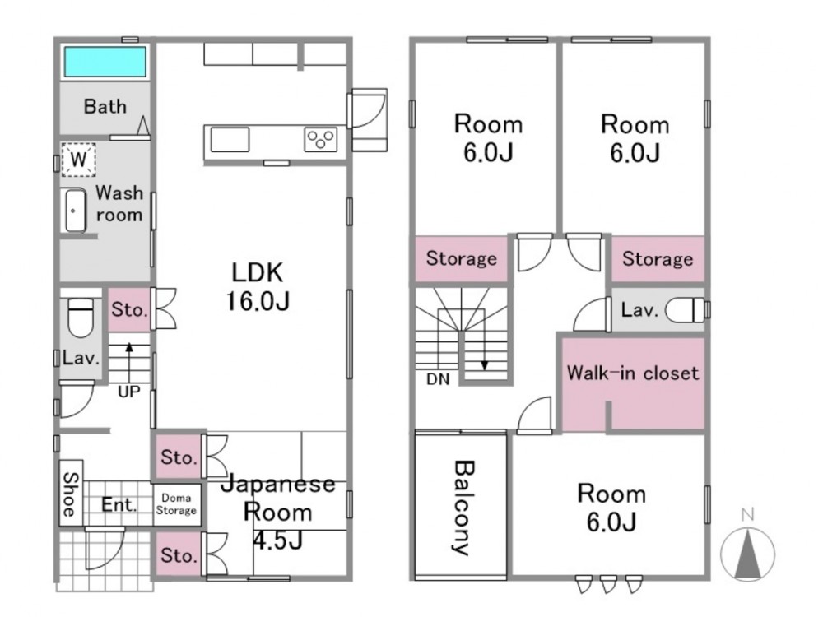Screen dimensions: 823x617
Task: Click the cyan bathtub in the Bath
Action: click(x=105, y=62)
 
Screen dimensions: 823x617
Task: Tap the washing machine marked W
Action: click(x=78, y=159)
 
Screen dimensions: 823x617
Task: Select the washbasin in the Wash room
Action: click(x=76, y=211)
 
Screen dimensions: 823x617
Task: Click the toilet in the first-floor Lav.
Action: click(x=81, y=318)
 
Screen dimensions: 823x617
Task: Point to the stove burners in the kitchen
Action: click(x=321, y=140)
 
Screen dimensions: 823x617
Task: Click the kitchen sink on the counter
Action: click(x=230, y=140)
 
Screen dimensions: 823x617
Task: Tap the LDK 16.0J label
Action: click(x=258, y=286)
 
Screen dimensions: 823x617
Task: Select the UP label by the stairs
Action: click(x=129, y=392)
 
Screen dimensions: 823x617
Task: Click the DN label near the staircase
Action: click(x=439, y=378)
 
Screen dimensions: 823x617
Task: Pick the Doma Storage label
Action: click(x=176, y=503)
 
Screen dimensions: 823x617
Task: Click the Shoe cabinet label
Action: click(x=71, y=494)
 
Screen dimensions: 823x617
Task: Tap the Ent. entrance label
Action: click(x=119, y=505)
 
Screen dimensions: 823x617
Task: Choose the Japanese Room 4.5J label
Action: click(x=278, y=512)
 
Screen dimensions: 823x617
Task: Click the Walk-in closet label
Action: click(x=633, y=373)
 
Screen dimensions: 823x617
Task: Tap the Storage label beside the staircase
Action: click(x=462, y=258)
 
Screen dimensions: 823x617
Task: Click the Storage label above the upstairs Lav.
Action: click(x=658, y=258)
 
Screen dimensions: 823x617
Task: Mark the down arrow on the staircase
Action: click(x=485, y=349)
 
